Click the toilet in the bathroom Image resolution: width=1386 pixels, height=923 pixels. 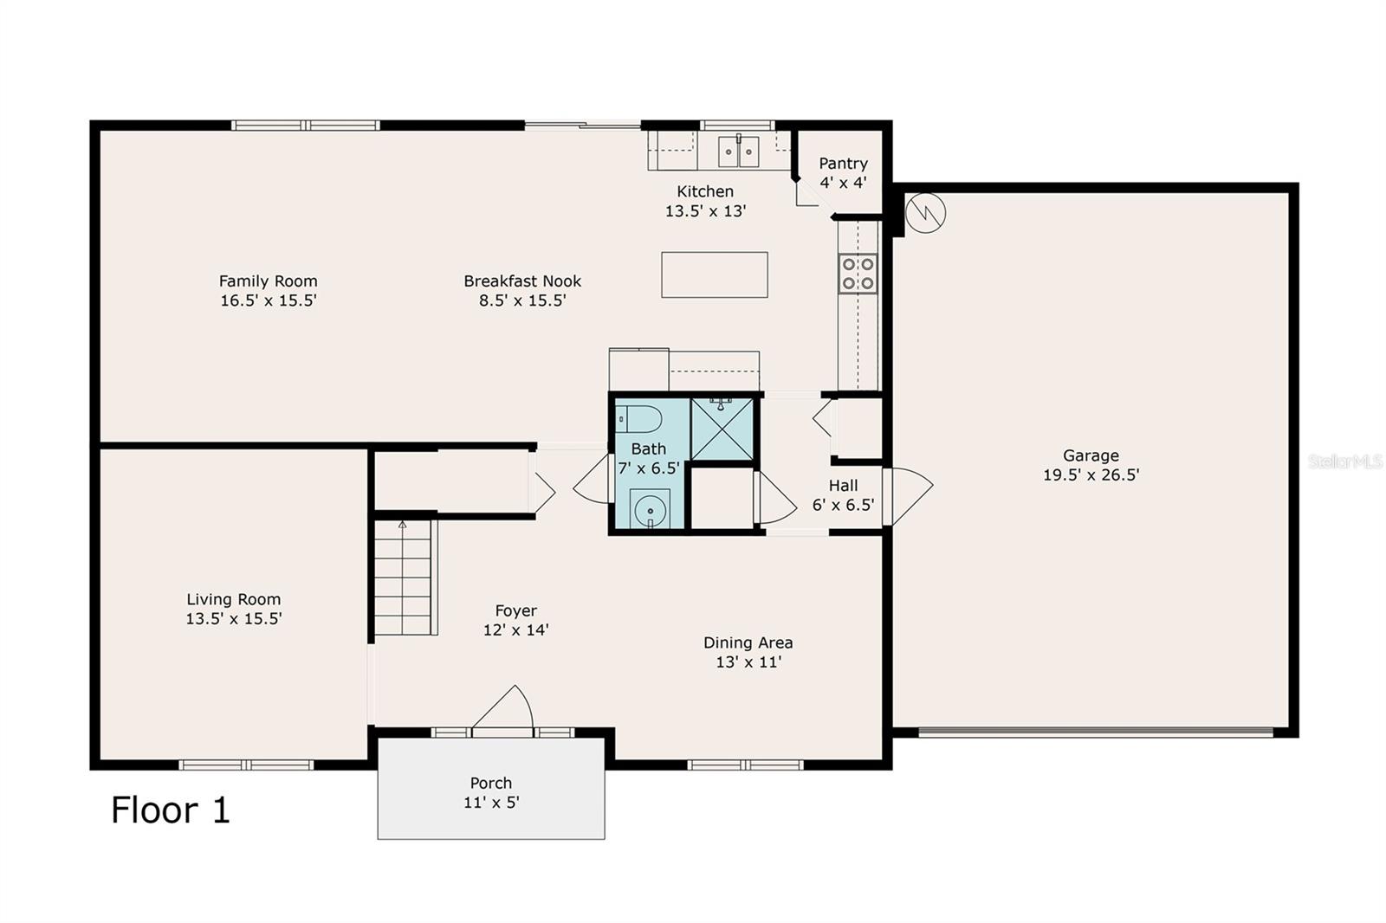(639, 420)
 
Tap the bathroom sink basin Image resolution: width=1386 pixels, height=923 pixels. (651, 510)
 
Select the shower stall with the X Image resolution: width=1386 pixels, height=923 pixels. (722, 429)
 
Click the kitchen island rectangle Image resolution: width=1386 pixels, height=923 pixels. (714, 274)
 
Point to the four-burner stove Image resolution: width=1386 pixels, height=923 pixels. (858, 274)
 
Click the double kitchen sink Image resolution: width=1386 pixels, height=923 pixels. (739, 152)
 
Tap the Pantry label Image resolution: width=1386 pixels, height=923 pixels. (843, 164)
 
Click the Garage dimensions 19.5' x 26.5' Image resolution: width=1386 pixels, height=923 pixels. (1091, 474)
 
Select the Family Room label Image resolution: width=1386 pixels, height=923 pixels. (268, 281)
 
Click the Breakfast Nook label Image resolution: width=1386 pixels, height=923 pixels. (522, 281)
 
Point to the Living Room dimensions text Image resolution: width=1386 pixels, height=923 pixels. (234, 618)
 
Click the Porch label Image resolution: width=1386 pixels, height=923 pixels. (491, 783)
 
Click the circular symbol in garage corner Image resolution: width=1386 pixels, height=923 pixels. (925, 212)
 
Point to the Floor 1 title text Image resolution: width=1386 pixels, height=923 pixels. (171, 810)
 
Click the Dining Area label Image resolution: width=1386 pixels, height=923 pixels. (748, 642)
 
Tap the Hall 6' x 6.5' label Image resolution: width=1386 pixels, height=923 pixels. (843, 495)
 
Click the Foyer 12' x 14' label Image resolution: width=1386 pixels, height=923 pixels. (515, 620)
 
